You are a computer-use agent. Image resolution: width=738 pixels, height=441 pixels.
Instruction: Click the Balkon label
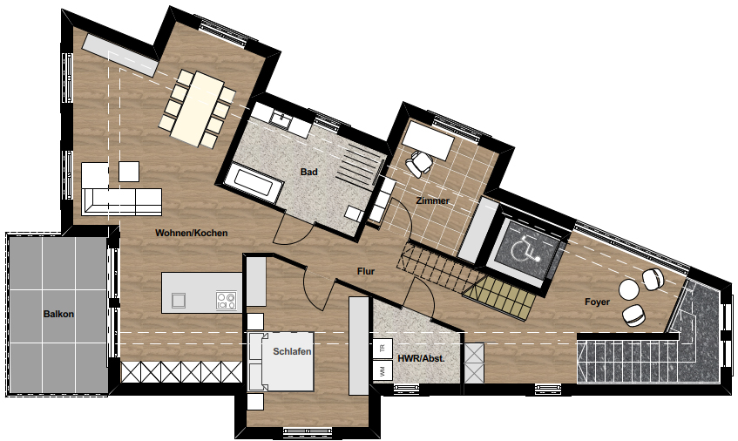click(x=59, y=314)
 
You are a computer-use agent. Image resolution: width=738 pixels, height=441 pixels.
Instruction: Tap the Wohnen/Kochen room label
click(x=192, y=233)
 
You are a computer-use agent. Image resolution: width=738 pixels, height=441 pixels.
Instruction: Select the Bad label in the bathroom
click(x=308, y=172)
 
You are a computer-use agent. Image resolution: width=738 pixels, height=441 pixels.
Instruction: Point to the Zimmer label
click(x=432, y=200)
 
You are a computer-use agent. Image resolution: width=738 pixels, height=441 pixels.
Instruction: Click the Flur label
click(x=366, y=271)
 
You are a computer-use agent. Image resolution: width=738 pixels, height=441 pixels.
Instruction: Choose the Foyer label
click(x=597, y=302)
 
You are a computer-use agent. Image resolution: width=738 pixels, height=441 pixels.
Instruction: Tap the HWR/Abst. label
click(x=421, y=358)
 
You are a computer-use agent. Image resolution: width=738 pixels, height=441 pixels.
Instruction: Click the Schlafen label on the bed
click(x=292, y=351)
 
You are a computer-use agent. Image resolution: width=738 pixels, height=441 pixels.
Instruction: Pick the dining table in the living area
click(x=197, y=108)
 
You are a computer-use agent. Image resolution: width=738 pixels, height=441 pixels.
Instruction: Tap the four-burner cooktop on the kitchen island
click(x=227, y=301)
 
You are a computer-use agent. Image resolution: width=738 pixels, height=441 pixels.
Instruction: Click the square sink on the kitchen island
click(x=179, y=300)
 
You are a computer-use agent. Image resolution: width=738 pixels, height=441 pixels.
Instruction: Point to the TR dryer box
click(x=383, y=349)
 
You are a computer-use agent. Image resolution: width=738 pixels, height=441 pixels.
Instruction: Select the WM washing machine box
click(x=383, y=370)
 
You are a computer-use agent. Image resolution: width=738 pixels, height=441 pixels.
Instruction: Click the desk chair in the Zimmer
click(x=418, y=163)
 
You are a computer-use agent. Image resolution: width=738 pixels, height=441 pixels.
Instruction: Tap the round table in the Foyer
click(x=628, y=289)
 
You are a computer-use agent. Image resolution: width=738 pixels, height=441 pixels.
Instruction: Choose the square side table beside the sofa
click(x=129, y=172)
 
